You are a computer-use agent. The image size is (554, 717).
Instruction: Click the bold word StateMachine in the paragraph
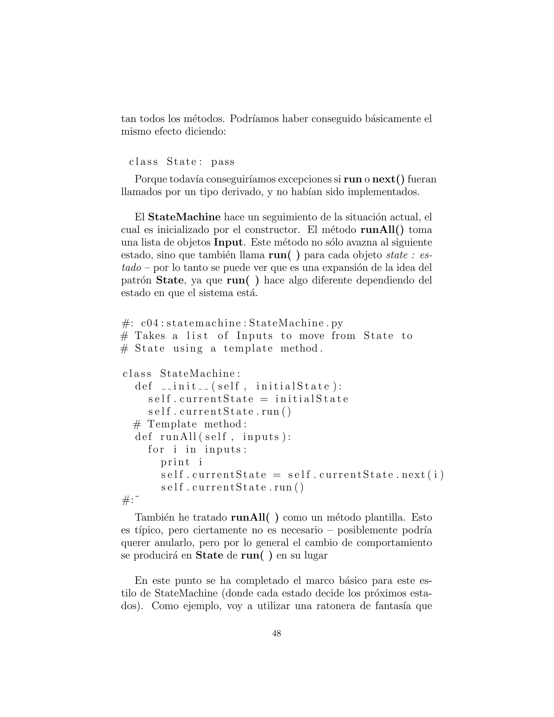click(x=184, y=217)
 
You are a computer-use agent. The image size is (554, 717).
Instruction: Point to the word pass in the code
click(x=223, y=162)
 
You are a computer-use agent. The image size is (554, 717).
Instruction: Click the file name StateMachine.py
click(x=296, y=323)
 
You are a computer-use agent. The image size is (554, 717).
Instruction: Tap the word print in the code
click(x=175, y=462)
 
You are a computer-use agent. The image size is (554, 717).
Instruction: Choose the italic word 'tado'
click(x=131, y=268)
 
